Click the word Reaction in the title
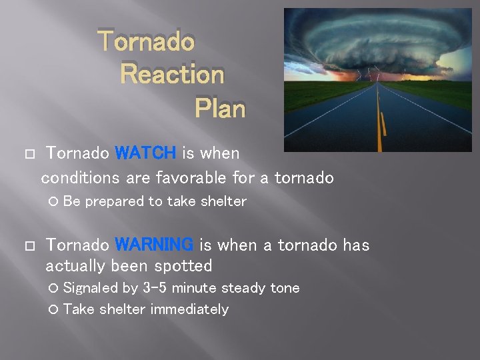point(172,75)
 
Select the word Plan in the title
point(220,108)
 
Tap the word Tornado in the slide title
point(147,41)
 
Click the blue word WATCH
point(145,153)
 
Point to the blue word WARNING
point(154,245)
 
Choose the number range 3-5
point(155,288)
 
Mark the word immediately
point(189,309)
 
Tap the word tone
point(285,288)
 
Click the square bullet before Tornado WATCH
point(27,154)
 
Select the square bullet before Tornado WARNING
point(27,246)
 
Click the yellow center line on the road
point(380,127)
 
